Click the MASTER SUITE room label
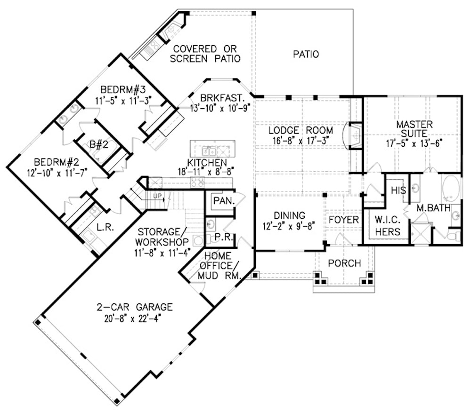point(414,129)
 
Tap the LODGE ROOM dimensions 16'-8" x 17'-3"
point(300,140)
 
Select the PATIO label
point(305,55)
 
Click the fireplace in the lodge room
point(355,136)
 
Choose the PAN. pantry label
point(221,201)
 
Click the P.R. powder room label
point(221,238)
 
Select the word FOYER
point(343,220)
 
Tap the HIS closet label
point(398,190)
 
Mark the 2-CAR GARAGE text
point(135,307)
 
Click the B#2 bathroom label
point(99,144)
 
